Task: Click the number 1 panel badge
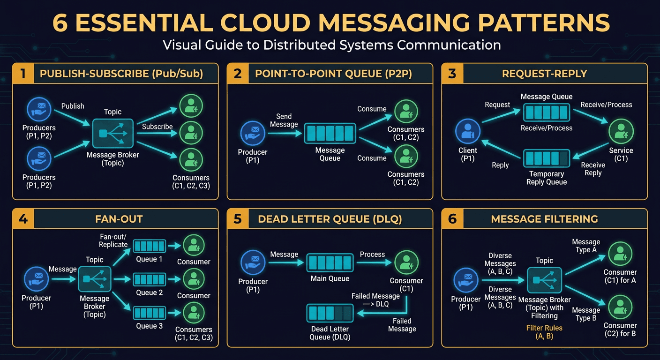pyautogui.click(x=22, y=74)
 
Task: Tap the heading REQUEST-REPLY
pyautogui.click(x=544, y=74)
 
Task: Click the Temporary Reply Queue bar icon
pyautogui.click(x=546, y=158)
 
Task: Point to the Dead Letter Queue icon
pyautogui.click(x=330, y=313)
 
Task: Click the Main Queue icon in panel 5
pyautogui.click(x=330, y=262)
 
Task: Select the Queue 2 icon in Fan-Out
pyautogui.click(x=150, y=280)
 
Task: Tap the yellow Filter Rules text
pyautogui.click(x=544, y=328)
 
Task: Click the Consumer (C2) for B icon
pyautogui.click(x=620, y=307)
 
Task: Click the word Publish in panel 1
pyautogui.click(x=73, y=106)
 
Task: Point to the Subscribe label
pyautogui.click(x=157, y=127)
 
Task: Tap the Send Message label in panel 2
pyautogui.click(x=284, y=120)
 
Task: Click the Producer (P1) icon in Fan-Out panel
pyautogui.click(x=36, y=279)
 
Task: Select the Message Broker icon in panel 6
pyautogui.click(x=544, y=280)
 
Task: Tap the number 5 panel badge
pyautogui.click(x=238, y=219)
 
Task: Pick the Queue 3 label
pyautogui.click(x=150, y=326)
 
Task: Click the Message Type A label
pyautogui.click(x=586, y=246)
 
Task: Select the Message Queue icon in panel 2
pyautogui.click(x=330, y=134)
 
